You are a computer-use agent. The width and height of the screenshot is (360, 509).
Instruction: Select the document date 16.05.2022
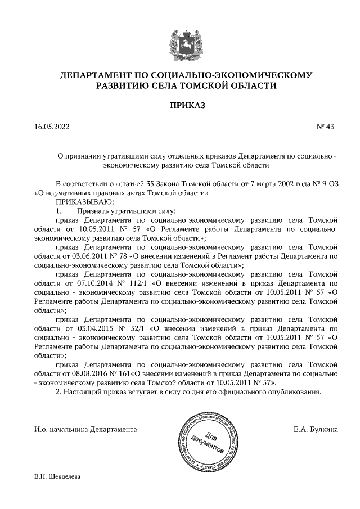click(x=52, y=127)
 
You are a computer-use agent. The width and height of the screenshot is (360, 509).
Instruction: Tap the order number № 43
click(x=326, y=127)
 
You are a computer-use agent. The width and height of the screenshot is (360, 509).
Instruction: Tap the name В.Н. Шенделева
click(x=58, y=476)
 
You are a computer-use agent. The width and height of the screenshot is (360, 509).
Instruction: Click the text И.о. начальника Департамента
click(x=85, y=430)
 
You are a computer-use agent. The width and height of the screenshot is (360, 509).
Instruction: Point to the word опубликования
click(x=294, y=392)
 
